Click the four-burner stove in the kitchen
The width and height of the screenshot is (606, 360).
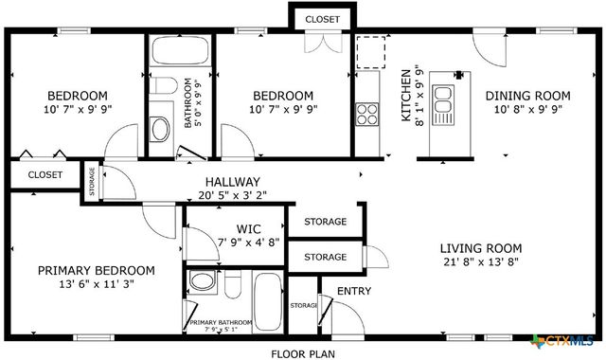point(366,115)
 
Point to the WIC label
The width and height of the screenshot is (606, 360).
point(249,228)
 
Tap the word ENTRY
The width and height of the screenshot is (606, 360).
point(354,291)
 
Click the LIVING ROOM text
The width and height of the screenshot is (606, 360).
point(481,248)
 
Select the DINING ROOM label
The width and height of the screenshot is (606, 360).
point(527,95)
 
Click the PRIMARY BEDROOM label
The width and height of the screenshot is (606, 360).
point(96,270)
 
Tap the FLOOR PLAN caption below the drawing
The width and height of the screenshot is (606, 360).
point(302,353)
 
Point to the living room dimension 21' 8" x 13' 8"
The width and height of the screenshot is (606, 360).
point(481,263)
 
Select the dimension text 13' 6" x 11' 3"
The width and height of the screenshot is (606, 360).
point(96,284)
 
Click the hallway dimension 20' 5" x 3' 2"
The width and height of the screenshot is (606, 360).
point(232,196)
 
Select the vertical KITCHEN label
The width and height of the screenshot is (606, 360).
point(406,96)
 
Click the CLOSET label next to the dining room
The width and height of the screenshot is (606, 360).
point(324,18)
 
